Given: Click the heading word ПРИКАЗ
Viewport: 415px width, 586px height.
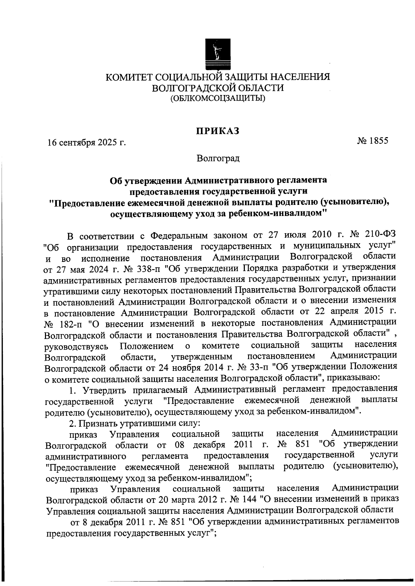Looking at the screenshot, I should click(x=218, y=131).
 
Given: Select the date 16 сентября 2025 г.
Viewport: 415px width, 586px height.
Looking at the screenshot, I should click(x=86, y=142).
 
